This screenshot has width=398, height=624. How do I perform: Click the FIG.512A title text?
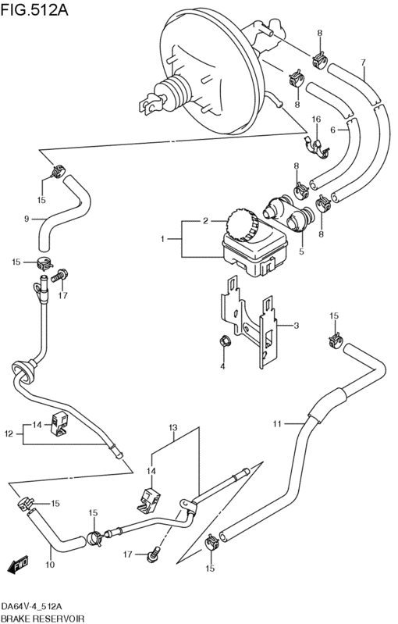click(34, 9)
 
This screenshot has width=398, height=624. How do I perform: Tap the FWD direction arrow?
click(18, 564)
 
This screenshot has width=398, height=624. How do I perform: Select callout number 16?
click(316, 119)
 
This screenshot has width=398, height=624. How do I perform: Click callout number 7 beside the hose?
click(363, 62)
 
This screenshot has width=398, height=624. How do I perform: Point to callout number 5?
click(301, 251)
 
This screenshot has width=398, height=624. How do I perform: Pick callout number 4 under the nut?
click(222, 366)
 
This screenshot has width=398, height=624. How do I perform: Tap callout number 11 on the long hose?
click(277, 424)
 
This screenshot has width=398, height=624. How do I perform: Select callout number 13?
click(172, 428)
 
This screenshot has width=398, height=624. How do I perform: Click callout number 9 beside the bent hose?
click(27, 219)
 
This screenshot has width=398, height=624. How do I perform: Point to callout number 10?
click(50, 565)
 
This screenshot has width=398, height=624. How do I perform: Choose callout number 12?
click(9, 433)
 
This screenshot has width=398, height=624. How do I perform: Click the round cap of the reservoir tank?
click(243, 225)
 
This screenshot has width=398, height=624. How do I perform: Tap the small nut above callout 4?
click(223, 341)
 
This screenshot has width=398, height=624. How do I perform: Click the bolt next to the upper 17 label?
click(61, 276)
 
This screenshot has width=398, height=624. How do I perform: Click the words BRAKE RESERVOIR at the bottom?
click(42, 619)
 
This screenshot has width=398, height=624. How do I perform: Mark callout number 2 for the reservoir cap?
click(205, 221)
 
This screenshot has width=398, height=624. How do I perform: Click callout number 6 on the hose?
click(332, 130)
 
